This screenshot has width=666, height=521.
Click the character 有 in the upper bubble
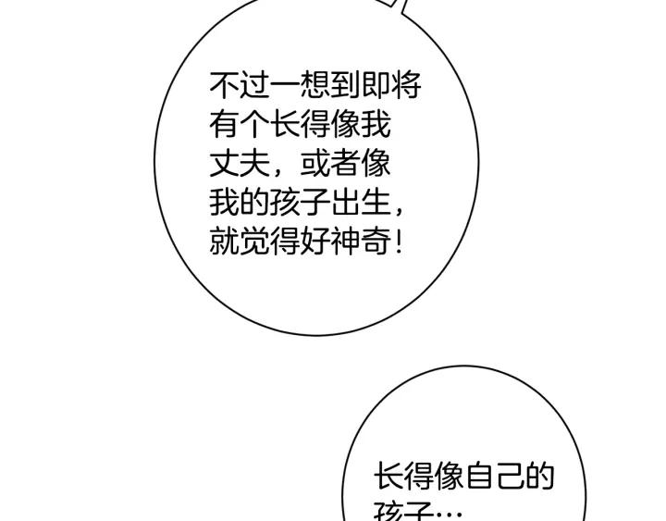coord(224,126)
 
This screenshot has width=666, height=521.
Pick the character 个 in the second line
coord(254,126)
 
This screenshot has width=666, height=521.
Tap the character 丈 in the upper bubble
coord(224,165)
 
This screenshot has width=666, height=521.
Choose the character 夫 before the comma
coord(254,165)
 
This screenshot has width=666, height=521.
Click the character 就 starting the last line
coord(224,243)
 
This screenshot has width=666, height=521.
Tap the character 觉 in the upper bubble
coord(254,243)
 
